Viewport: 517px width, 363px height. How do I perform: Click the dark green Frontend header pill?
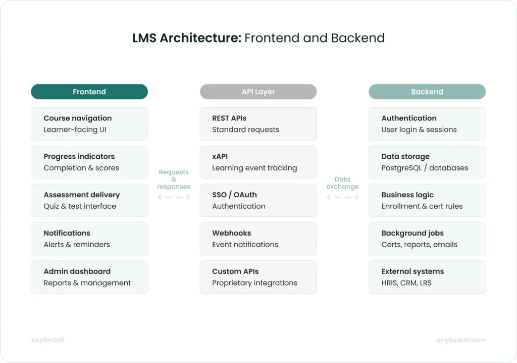point(89,92)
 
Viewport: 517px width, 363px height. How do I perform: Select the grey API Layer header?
point(258,92)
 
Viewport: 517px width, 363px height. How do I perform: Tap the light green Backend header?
point(427,92)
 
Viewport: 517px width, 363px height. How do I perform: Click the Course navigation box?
point(89,123)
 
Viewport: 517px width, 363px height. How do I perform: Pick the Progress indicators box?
point(89,162)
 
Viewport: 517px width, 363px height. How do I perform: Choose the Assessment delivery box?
point(89,200)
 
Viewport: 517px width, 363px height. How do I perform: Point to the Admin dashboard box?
point(89,277)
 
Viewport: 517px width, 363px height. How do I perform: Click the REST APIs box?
point(258,123)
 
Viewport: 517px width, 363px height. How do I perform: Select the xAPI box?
point(258,162)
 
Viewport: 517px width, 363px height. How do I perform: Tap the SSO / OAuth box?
point(258,200)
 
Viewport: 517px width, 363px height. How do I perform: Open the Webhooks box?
point(258,239)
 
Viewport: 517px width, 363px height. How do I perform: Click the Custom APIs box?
point(258,277)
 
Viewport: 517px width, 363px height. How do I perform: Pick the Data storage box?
point(427,162)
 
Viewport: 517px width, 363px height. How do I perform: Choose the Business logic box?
point(427,200)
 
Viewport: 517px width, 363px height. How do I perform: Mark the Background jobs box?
point(427,239)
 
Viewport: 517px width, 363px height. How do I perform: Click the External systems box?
point(427,277)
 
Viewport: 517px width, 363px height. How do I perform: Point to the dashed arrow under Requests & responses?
point(174,198)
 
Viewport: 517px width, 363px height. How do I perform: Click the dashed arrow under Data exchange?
point(342,198)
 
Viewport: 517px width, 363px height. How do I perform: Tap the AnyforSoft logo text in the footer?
point(48,340)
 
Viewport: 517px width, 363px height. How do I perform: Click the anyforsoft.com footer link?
point(460,340)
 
